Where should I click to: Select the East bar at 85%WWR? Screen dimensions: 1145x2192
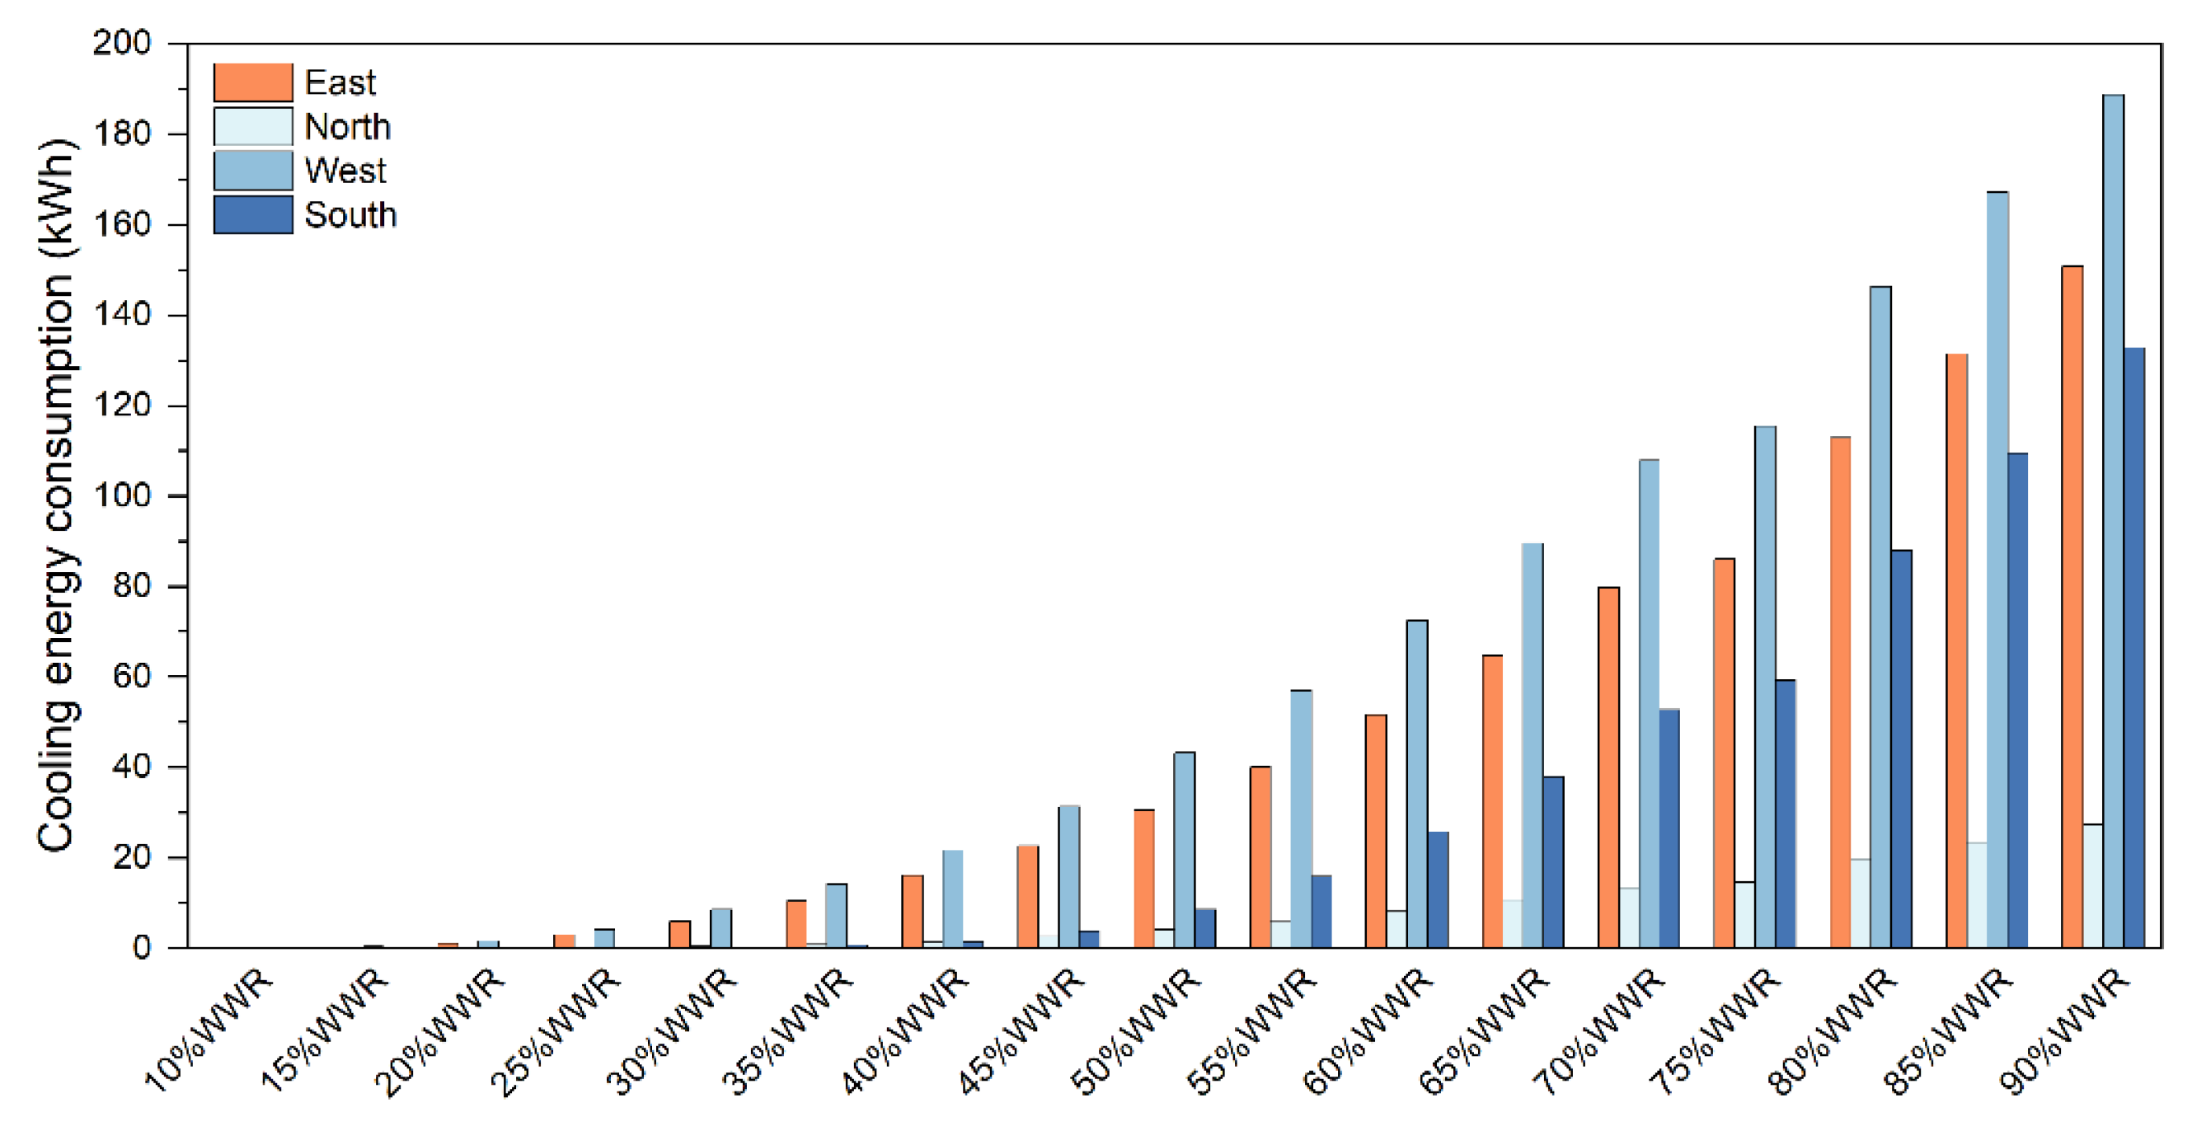pos(1956,650)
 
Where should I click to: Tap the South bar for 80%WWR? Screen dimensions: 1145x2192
pos(1901,748)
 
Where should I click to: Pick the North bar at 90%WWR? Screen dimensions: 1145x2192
pos(2092,885)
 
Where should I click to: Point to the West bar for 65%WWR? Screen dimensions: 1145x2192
pos(1533,745)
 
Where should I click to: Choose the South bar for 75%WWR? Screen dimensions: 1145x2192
pos(1786,814)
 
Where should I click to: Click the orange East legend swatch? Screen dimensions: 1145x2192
pos(253,82)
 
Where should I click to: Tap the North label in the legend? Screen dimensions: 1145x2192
pos(347,127)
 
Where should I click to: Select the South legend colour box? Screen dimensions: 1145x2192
pos(253,215)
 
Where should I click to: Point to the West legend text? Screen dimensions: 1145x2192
pos(345,171)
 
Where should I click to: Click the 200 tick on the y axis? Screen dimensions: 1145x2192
pos(122,43)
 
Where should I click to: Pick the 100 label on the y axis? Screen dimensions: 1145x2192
pos(122,496)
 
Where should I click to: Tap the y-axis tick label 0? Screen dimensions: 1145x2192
pos(141,948)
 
